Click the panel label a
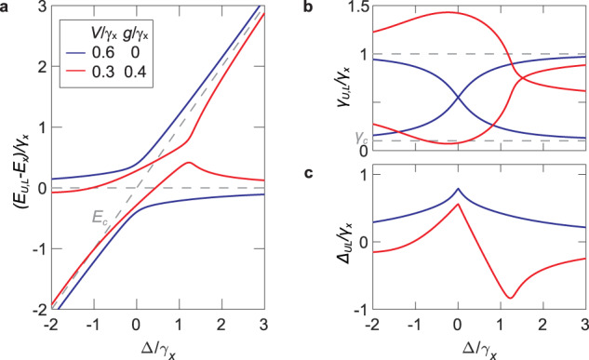[7, 9]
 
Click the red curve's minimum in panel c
[510, 298]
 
